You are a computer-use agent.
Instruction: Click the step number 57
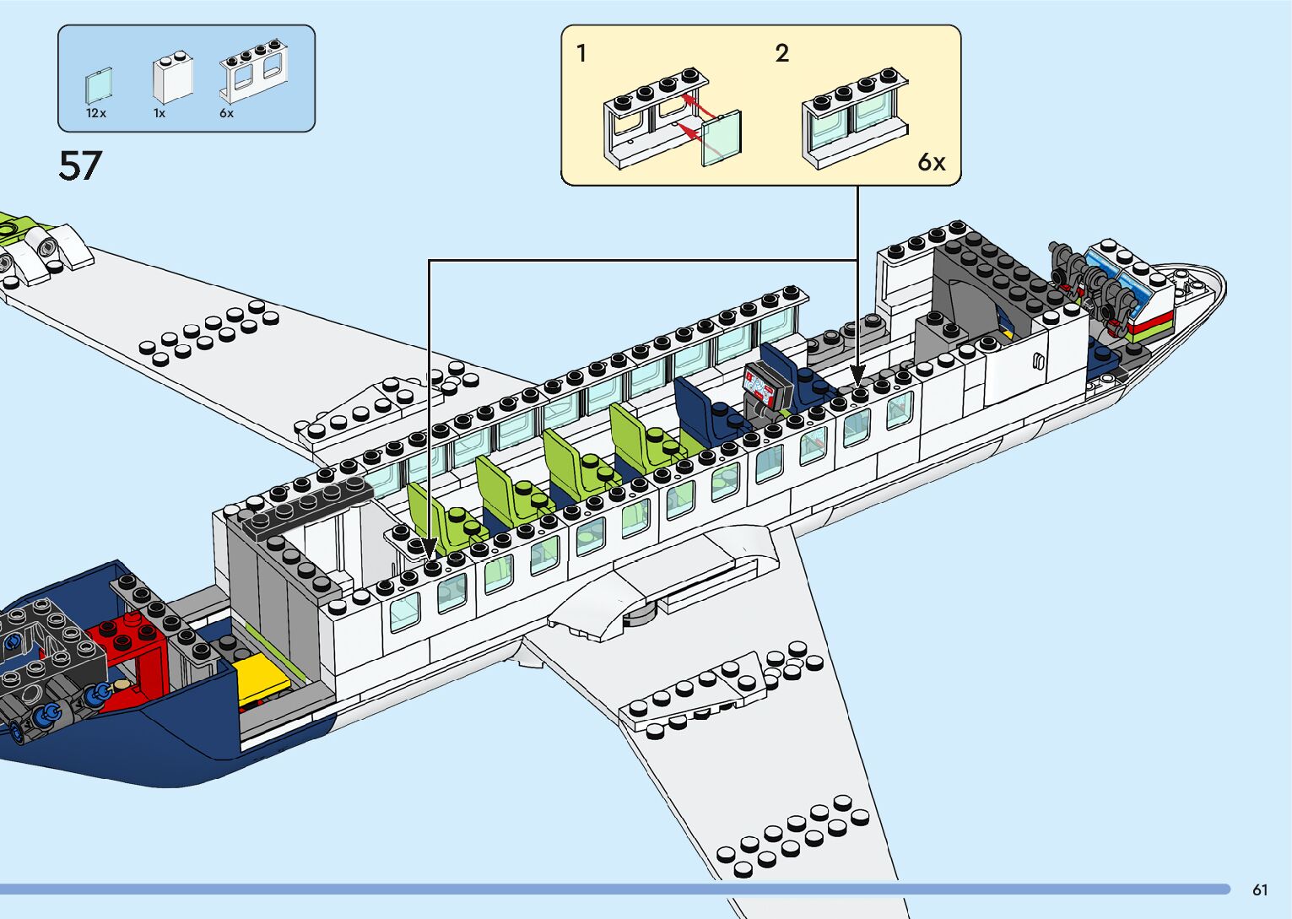click(x=80, y=166)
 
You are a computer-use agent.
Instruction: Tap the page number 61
click(x=1260, y=889)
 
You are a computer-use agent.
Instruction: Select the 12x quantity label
click(x=95, y=113)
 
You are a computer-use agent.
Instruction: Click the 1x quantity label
click(x=159, y=113)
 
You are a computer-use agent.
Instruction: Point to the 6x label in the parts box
click(x=226, y=113)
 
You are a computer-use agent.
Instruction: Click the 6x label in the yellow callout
click(x=931, y=162)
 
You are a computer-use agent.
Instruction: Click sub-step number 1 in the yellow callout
click(x=581, y=54)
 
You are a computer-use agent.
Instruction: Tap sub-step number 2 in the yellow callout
click(x=782, y=54)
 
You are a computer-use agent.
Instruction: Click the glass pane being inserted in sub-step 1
click(x=722, y=137)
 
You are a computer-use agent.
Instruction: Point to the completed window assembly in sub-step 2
click(x=854, y=118)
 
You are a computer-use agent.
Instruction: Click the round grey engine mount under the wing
click(x=640, y=611)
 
